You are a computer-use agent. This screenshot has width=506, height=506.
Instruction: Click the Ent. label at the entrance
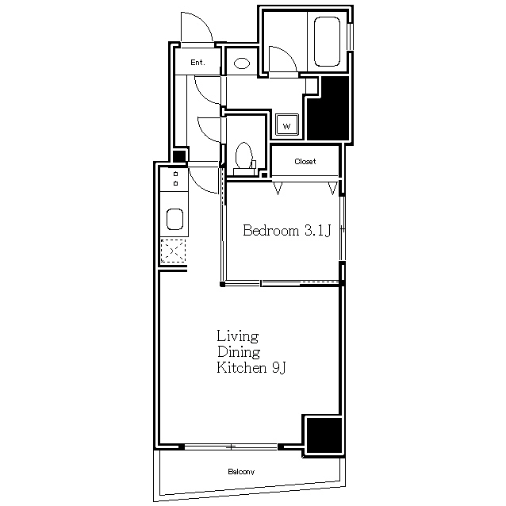197,63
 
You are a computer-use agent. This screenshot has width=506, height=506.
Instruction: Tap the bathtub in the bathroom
327,41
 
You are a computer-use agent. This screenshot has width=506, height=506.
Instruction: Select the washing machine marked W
286,125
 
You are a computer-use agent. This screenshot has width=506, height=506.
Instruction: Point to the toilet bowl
244,155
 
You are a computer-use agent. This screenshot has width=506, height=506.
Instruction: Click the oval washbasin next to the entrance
242,63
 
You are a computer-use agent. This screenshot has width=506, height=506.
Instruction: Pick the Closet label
305,161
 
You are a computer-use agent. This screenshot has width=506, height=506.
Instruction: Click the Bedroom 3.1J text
287,231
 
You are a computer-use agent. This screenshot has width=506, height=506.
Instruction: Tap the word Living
237,336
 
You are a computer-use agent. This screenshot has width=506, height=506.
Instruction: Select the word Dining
239,352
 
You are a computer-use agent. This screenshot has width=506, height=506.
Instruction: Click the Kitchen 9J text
251,367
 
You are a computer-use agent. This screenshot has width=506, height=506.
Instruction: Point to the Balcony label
241,472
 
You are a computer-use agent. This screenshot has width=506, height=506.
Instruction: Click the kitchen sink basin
175,219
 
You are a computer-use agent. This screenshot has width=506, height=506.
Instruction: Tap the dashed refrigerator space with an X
173,251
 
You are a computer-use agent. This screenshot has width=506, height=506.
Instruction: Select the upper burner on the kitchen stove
175,174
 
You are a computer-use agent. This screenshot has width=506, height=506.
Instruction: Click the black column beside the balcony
324,435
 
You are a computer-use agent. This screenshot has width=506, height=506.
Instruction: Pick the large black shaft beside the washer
328,108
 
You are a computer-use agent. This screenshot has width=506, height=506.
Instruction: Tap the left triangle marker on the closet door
278,188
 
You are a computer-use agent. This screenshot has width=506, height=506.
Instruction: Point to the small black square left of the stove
179,156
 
